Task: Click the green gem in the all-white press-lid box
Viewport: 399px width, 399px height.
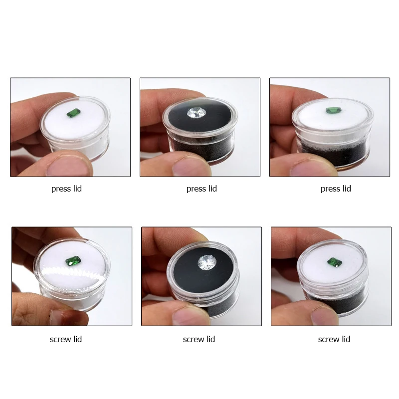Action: pyautogui.click(x=74, y=113)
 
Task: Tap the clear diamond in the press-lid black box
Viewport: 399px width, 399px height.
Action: pyautogui.click(x=197, y=113)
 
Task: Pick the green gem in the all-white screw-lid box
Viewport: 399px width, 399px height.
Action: pyautogui.click(x=73, y=261)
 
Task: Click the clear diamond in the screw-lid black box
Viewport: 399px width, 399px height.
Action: pyautogui.click(x=207, y=263)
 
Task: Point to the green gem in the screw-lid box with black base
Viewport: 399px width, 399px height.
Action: pyautogui.click(x=334, y=262)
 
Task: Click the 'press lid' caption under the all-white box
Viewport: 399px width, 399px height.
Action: pyautogui.click(x=66, y=189)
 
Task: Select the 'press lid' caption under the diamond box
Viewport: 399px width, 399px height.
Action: pyautogui.click(x=201, y=189)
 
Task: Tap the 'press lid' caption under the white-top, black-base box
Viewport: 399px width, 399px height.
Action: pyautogui.click(x=336, y=189)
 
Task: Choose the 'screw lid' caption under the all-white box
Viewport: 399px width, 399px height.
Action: pyautogui.click(x=66, y=339)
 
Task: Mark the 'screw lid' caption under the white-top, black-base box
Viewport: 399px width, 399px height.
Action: pyautogui.click(x=334, y=339)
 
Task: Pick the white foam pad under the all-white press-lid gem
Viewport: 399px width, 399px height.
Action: pyautogui.click(x=74, y=122)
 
